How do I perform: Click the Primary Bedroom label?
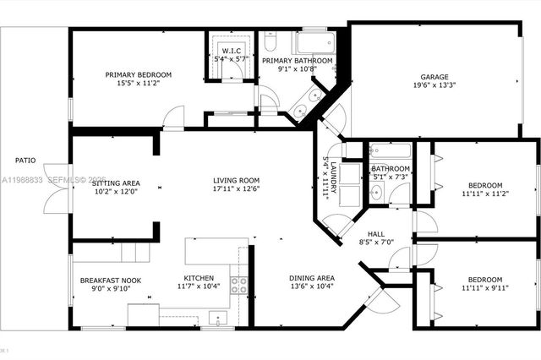[138, 74]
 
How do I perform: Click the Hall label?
[377, 235]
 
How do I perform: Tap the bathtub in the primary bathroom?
[314, 42]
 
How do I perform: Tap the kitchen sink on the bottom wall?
[219, 319]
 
